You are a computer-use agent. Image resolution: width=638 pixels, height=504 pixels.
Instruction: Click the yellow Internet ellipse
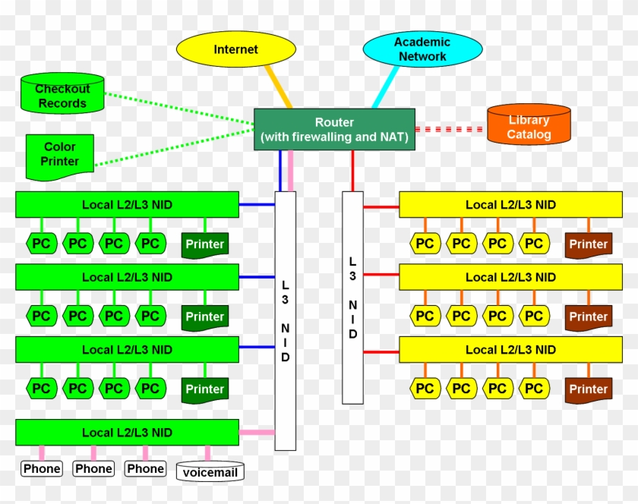coord(235,49)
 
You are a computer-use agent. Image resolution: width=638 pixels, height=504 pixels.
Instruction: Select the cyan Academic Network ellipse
coord(422,49)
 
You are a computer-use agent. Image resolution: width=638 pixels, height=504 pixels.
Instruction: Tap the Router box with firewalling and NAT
coord(334,130)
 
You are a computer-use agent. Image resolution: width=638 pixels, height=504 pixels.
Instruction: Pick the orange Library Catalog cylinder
coord(529,126)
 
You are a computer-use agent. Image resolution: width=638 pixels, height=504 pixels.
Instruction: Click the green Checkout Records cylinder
coord(62,95)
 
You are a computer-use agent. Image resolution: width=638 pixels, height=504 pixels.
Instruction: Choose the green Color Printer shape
coord(60,155)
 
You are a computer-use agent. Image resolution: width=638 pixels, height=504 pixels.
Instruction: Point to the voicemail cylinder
coord(210,471)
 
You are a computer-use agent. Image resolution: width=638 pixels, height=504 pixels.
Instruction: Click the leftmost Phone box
coord(42,469)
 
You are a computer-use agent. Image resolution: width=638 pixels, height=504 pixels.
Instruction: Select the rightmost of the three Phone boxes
coord(145,469)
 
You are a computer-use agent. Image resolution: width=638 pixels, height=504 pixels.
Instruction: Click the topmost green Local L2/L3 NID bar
coord(127,204)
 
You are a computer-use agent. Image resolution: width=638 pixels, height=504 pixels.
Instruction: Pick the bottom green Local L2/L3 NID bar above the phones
coord(127,432)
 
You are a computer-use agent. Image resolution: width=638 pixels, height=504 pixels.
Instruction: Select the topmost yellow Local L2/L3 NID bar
coord(510,204)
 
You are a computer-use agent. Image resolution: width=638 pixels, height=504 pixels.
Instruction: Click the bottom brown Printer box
coord(589,389)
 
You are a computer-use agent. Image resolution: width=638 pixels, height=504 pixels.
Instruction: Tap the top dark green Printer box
coord(205,244)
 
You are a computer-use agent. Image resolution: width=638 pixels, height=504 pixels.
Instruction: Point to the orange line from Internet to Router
coord(278,86)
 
